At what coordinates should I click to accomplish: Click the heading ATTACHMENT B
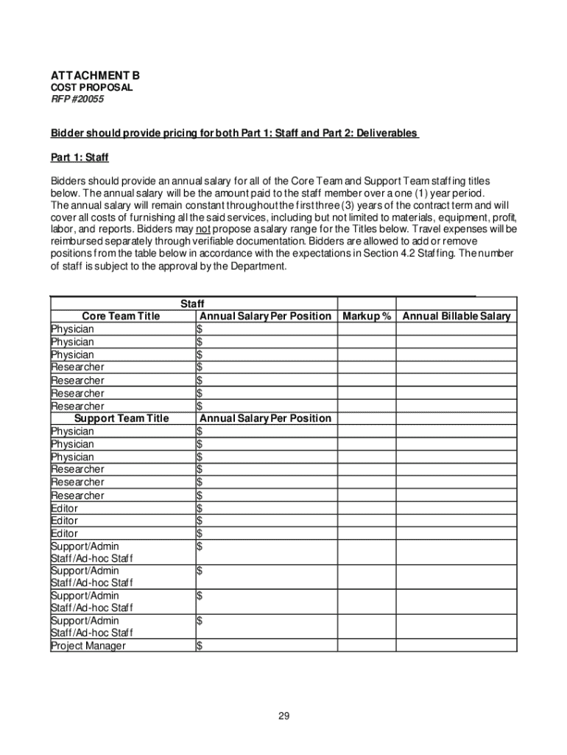[x=95, y=76]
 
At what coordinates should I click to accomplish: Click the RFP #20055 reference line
[x=77, y=99]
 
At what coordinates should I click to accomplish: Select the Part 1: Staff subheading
[x=80, y=157]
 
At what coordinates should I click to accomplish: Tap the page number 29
[x=283, y=716]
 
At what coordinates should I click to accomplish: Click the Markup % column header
[x=366, y=316]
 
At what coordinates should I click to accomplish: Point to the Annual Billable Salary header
[x=456, y=316]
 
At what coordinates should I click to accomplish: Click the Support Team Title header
[x=121, y=418]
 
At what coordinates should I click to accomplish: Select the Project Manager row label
[x=88, y=646]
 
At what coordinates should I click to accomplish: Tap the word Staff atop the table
[x=192, y=304]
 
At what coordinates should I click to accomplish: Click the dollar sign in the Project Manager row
[x=200, y=647]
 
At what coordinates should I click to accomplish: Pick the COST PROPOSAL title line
[x=91, y=88]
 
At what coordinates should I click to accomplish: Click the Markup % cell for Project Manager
[x=366, y=646]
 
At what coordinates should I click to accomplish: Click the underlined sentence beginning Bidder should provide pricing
[x=234, y=133]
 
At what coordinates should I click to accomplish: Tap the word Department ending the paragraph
[x=258, y=266]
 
